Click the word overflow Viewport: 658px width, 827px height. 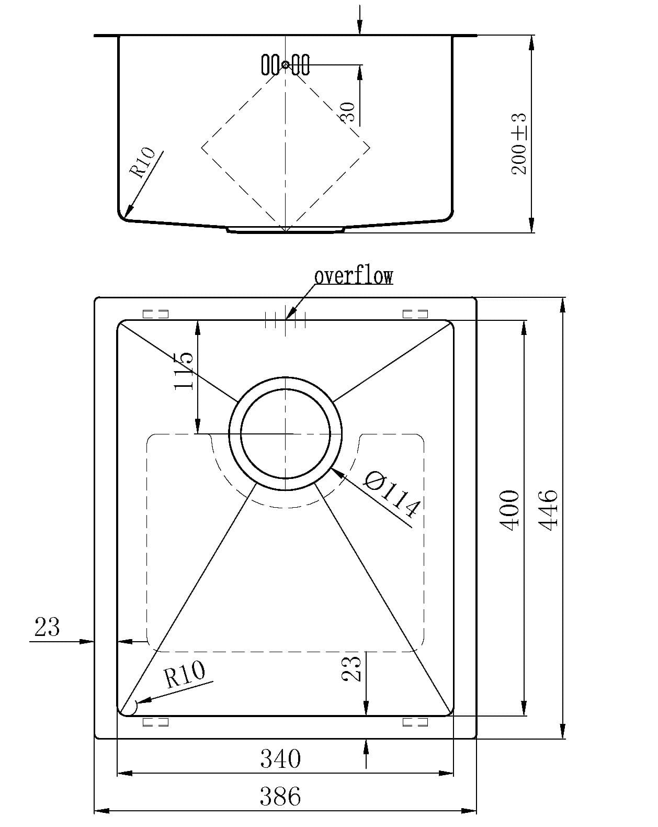[354, 276]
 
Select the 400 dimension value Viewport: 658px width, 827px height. [511, 510]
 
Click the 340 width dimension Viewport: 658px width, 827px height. [280, 758]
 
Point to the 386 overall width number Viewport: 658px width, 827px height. [280, 797]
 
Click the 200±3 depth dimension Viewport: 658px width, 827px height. [519, 144]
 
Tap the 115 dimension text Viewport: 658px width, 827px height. [184, 371]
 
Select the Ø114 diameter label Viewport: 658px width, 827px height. [391, 494]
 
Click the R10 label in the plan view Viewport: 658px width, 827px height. [184, 675]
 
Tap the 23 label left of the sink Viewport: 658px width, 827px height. [47, 627]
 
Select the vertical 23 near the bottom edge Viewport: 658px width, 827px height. [351, 668]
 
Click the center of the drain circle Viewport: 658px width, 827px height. [286, 433]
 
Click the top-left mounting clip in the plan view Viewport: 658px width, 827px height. [155, 314]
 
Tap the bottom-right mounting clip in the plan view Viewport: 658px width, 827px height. [415, 722]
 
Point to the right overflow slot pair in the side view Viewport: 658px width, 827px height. [301, 64]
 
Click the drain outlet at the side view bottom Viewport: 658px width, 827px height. [286, 229]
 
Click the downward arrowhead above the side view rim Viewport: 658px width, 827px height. [360, 29]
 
